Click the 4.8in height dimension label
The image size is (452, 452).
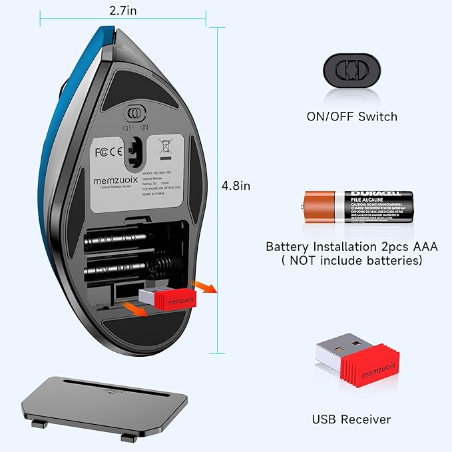pyautogui.click(x=236, y=186)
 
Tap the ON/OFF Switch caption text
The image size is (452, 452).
pyautogui.click(x=351, y=116)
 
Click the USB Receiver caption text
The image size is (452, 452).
pyautogui.click(x=351, y=419)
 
